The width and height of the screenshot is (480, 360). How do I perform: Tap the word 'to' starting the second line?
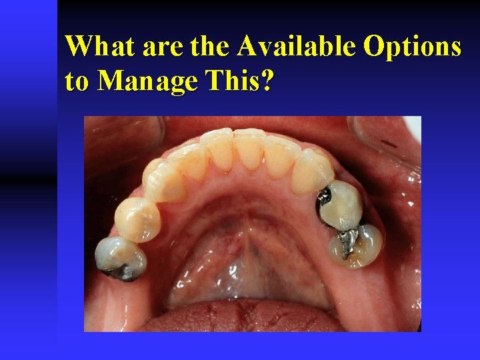(78, 81)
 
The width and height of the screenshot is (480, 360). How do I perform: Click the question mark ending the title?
(267, 81)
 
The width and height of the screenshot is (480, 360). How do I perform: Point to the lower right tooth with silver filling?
(357, 245)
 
